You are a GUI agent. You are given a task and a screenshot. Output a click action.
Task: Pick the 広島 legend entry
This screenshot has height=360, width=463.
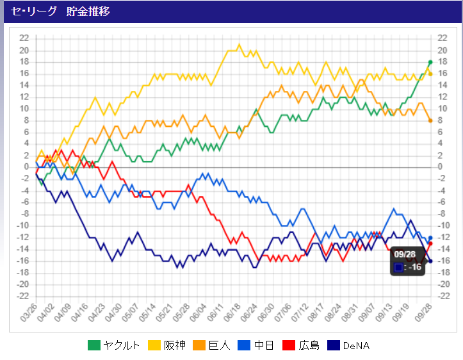pyautogui.click(x=301, y=346)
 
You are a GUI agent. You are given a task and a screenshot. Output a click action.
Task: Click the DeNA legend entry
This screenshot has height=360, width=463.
pyautogui.click(x=350, y=346)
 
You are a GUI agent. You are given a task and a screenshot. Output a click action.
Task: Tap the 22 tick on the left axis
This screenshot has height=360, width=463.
pyautogui.click(x=24, y=38)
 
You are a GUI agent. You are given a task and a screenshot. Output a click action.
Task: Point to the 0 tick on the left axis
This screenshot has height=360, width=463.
pyautogui.click(x=26, y=167)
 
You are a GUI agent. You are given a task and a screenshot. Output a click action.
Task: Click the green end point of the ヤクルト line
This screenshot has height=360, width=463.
pyautogui.click(x=430, y=62)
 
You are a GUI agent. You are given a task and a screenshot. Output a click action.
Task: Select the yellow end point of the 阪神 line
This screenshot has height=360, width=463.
pyautogui.click(x=430, y=74)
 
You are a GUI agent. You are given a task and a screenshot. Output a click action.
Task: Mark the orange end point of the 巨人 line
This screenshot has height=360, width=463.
pyautogui.click(x=430, y=120)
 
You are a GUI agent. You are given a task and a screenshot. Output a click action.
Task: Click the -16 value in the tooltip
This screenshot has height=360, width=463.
pyautogui.click(x=415, y=267)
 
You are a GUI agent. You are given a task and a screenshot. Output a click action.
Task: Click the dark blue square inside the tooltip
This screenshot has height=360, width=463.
pyautogui.click(x=398, y=267)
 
